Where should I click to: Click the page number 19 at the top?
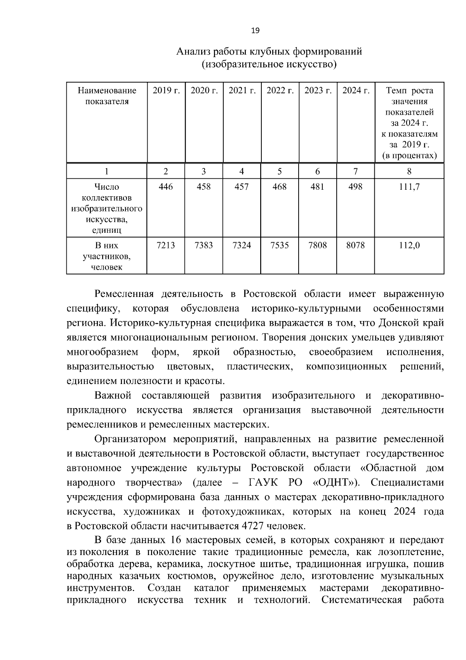(x=256, y=31)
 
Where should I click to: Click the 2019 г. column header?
(x=166, y=91)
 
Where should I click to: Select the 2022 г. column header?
(x=280, y=91)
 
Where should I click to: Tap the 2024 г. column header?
(x=356, y=91)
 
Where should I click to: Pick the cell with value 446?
(x=166, y=187)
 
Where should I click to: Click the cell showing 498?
(x=355, y=187)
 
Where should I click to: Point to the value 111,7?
(x=409, y=187)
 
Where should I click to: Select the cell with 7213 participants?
(x=166, y=245)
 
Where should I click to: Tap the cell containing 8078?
(x=355, y=245)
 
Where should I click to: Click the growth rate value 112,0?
(x=409, y=245)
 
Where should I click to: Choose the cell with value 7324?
(x=242, y=245)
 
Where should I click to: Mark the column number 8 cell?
(x=409, y=171)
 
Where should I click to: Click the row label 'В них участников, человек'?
(x=107, y=256)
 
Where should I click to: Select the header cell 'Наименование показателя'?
(x=107, y=96)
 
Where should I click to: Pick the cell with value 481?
(x=318, y=187)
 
